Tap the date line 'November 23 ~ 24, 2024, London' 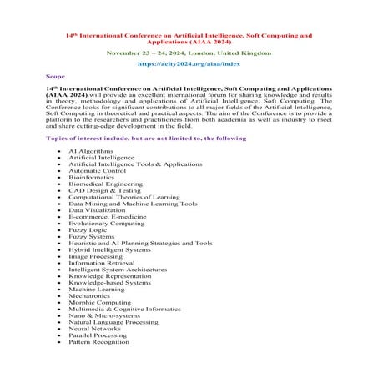click(189, 52)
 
